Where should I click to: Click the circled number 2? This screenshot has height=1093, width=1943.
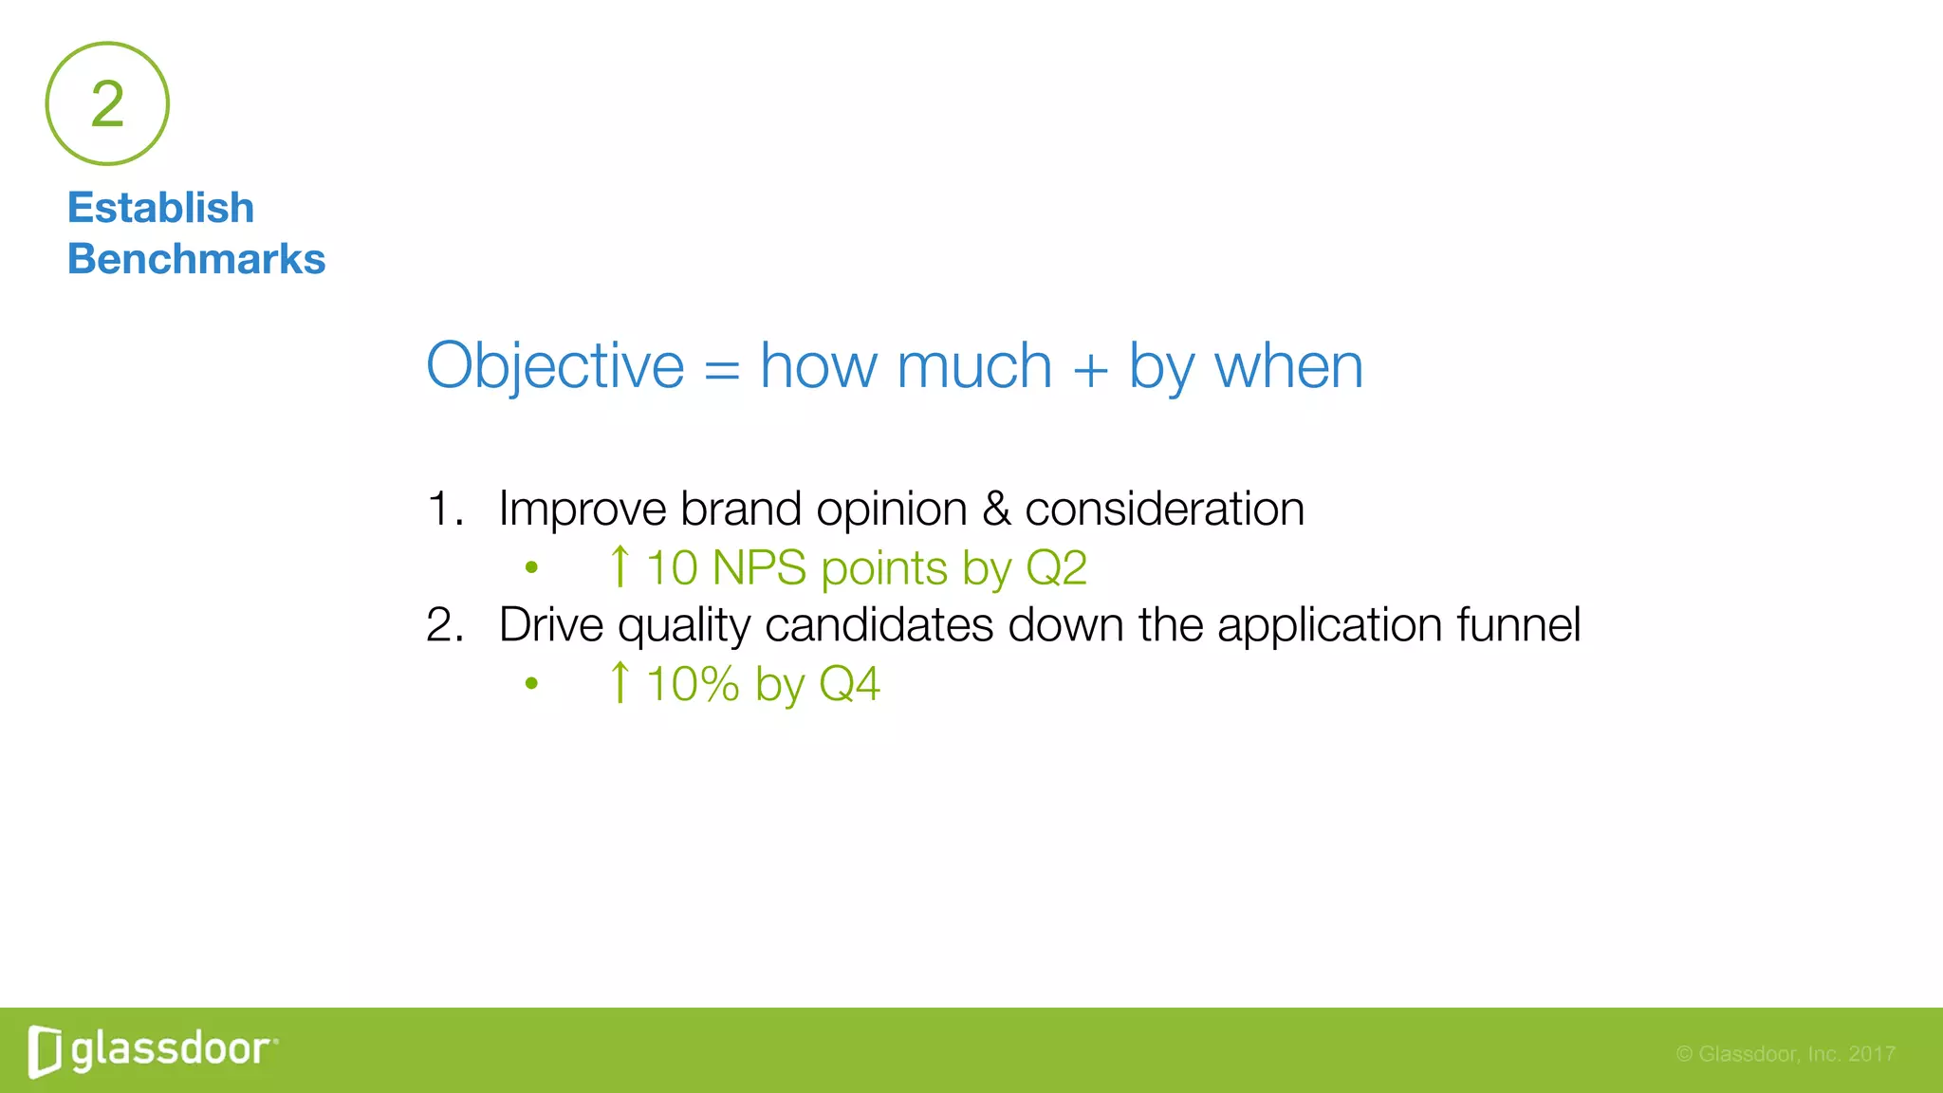[x=107, y=103]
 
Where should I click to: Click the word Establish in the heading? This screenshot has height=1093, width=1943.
[x=160, y=208]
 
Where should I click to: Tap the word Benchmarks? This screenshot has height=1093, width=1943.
[x=195, y=259]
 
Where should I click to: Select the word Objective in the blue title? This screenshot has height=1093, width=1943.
[x=554, y=366]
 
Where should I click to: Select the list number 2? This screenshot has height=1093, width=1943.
[x=444, y=625]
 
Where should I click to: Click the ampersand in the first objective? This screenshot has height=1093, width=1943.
[x=996, y=509]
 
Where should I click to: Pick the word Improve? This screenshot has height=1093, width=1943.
[x=583, y=509]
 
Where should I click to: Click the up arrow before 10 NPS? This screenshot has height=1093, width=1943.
[x=620, y=567]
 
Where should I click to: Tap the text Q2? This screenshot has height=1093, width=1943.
[x=1056, y=568]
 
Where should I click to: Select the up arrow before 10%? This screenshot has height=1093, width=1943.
[x=620, y=683]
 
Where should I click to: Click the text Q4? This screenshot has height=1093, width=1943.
[x=849, y=684]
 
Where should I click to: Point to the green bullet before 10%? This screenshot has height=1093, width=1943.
[x=531, y=683]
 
